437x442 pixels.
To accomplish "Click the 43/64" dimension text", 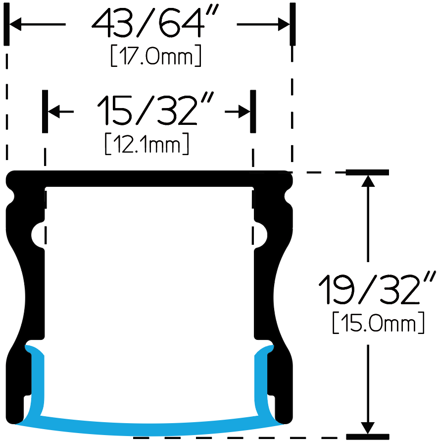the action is pos(155,22).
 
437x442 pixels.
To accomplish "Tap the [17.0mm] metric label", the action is pos(156,55).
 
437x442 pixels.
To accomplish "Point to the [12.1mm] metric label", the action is pos(146,144).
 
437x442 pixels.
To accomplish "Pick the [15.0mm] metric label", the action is pos(378,323).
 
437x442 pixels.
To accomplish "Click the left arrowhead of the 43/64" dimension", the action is pos(15,24).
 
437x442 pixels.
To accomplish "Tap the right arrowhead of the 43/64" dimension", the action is pos(284,24).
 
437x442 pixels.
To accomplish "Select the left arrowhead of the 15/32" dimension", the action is pos(54,111).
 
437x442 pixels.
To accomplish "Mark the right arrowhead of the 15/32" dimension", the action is pos(244,111).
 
